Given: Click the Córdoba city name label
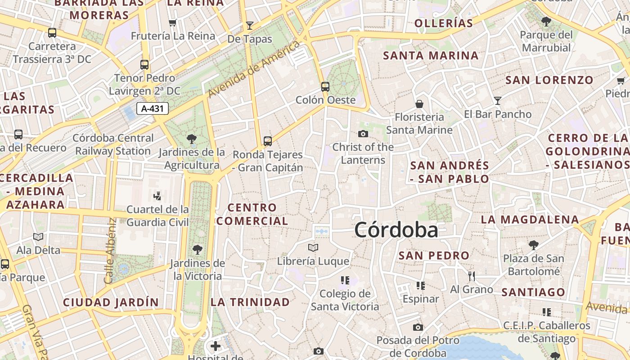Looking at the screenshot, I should click(396, 230).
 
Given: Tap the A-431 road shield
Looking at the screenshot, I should click(152, 108).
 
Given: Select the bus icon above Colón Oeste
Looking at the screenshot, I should click(325, 86).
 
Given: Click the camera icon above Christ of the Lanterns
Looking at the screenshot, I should click(363, 134).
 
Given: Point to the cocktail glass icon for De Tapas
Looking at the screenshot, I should click(250, 25).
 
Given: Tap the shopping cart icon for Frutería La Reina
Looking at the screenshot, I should click(172, 22).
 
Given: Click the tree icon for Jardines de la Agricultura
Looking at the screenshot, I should click(192, 139).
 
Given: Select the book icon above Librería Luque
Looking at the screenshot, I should click(313, 247).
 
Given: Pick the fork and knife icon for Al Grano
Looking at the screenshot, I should click(471, 276).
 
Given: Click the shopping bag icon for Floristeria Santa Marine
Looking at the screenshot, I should click(419, 104).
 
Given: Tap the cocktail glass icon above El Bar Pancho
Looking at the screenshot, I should click(498, 100).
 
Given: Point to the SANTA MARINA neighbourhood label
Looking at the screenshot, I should click(431, 56).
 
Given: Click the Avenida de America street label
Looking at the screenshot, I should click(254, 69).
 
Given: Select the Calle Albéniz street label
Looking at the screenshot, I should click(110, 251).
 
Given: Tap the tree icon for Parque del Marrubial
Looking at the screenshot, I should click(546, 21).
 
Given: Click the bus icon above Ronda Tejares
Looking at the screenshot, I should click(268, 141).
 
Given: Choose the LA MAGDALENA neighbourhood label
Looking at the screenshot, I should click(530, 220).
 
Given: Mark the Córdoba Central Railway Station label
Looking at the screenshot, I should click(113, 144).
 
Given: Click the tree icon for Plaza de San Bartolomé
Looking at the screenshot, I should click(534, 245).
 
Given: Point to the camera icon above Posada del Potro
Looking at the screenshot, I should click(418, 327).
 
